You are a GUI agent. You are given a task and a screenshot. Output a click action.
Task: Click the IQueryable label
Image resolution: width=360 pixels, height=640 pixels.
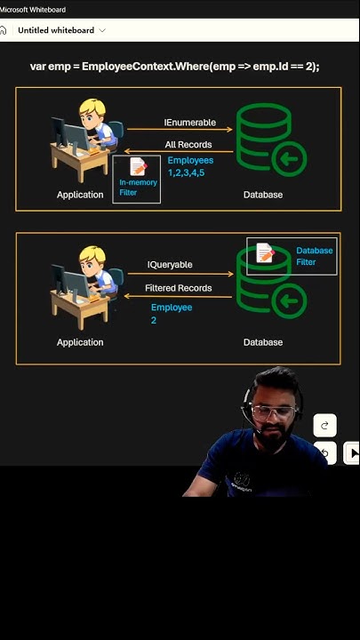[170, 265]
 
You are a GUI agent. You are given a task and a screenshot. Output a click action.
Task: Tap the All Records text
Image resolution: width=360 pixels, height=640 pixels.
[188, 145]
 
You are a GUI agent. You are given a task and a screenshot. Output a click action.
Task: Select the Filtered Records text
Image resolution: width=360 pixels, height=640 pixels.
[178, 288]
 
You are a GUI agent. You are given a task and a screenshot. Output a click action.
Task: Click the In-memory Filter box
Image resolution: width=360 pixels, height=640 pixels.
[137, 179]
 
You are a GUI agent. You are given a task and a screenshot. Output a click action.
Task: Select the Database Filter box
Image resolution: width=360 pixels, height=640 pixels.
[292, 256]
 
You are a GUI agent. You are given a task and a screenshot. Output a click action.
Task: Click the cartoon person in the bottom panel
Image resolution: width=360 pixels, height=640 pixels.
[85, 286]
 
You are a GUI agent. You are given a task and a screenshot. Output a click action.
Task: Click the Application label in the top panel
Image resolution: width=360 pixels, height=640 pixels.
[80, 195]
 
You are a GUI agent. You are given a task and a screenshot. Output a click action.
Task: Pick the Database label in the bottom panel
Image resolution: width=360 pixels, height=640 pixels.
[263, 342]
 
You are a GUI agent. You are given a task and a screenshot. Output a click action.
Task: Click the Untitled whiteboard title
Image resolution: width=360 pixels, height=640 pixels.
[56, 30]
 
